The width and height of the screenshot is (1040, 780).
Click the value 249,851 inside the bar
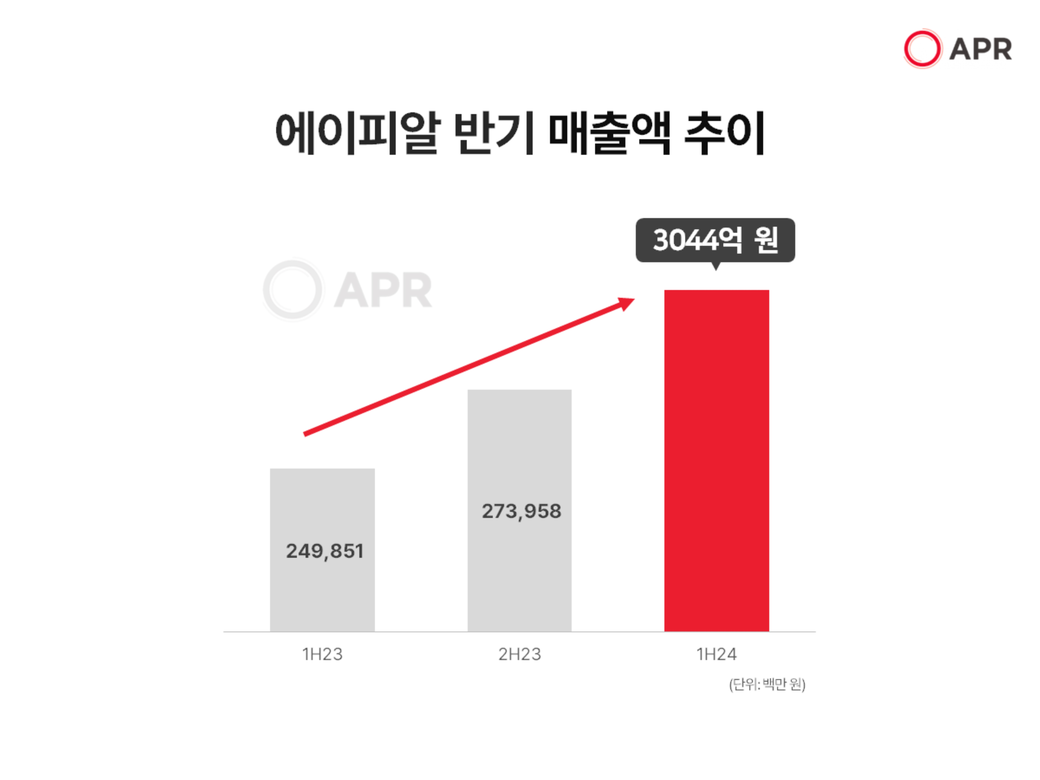pos(324,551)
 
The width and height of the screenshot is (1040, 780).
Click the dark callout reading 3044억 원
pos(715,240)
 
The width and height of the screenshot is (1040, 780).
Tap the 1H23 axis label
pos(322,654)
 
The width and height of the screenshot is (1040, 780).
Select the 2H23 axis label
pos(519,654)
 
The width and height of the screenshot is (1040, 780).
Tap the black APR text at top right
pos(980,49)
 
